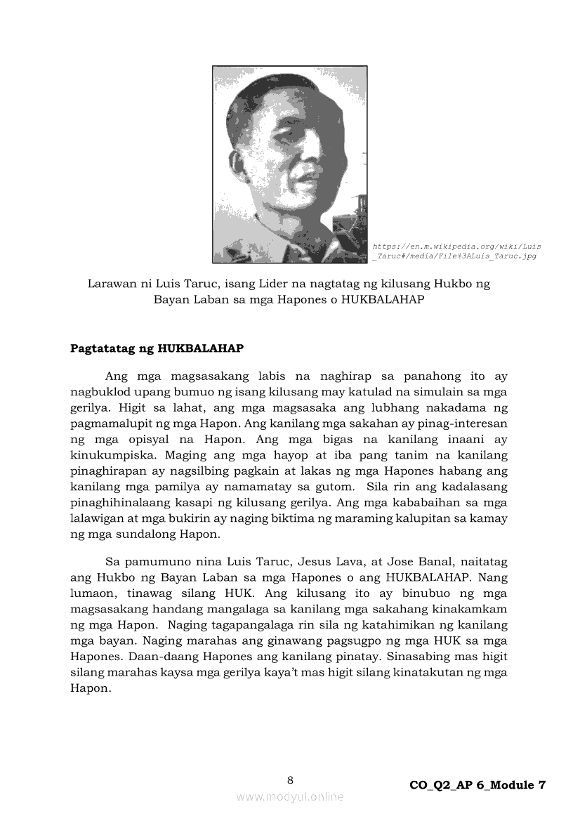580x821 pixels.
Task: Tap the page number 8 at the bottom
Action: (x=290, y=780)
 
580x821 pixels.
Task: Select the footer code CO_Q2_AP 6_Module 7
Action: (x=477, y=785)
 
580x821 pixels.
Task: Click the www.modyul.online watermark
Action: (x=290, y=796)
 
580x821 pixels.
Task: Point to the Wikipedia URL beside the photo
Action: (x=456, y=251)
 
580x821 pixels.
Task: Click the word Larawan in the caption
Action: (x=110, y=284)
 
